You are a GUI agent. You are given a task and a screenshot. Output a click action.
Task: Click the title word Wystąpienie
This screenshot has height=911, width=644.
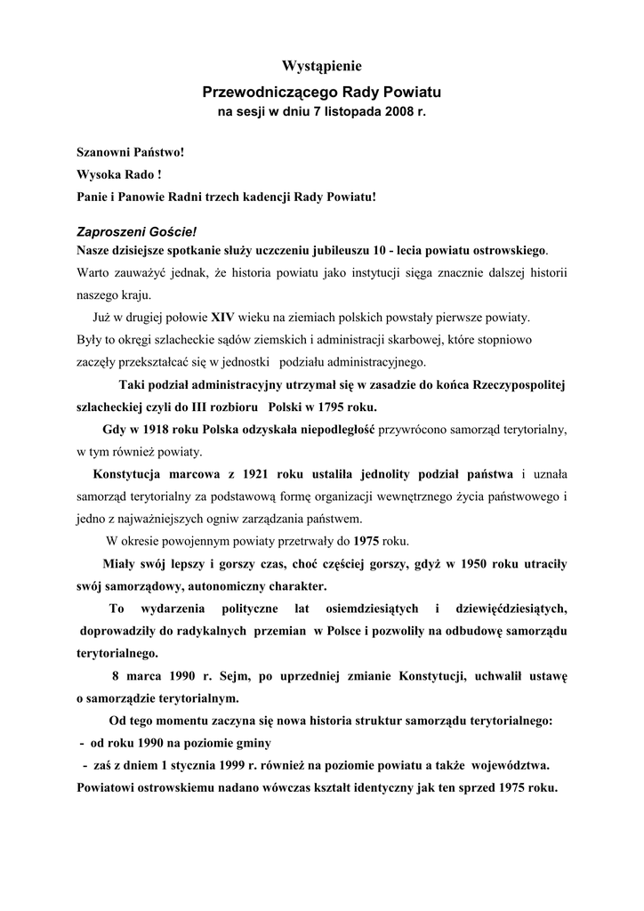click(322, 66)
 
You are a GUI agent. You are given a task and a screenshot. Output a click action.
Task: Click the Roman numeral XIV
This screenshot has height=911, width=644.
click(221, 317)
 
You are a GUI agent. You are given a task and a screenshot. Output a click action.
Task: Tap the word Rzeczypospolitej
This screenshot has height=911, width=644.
click(508, 385)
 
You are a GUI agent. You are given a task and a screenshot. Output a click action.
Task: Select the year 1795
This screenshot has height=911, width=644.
click(324, 408)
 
